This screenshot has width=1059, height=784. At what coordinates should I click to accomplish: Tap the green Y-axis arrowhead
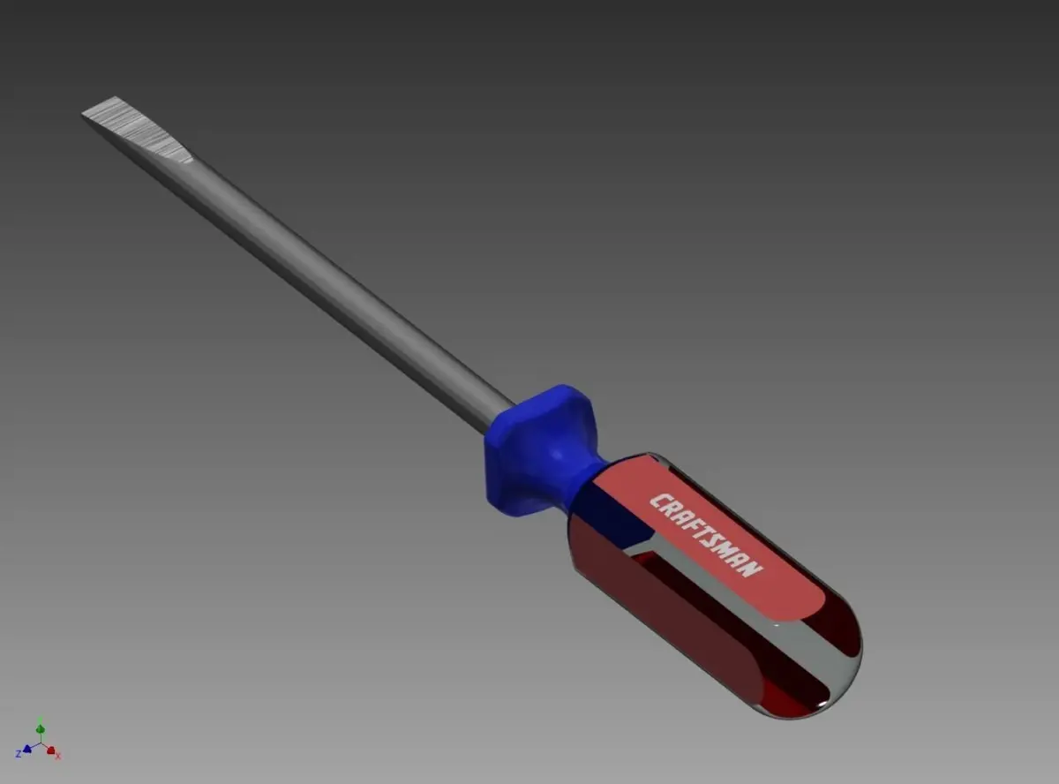[40, 728]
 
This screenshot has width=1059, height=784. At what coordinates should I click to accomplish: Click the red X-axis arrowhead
[51, 750]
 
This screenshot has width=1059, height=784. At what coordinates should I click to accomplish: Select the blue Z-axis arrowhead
[27, 749]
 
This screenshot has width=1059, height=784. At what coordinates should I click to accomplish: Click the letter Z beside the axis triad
[19, 754]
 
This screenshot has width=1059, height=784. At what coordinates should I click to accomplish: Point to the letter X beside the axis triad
[58, 757]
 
